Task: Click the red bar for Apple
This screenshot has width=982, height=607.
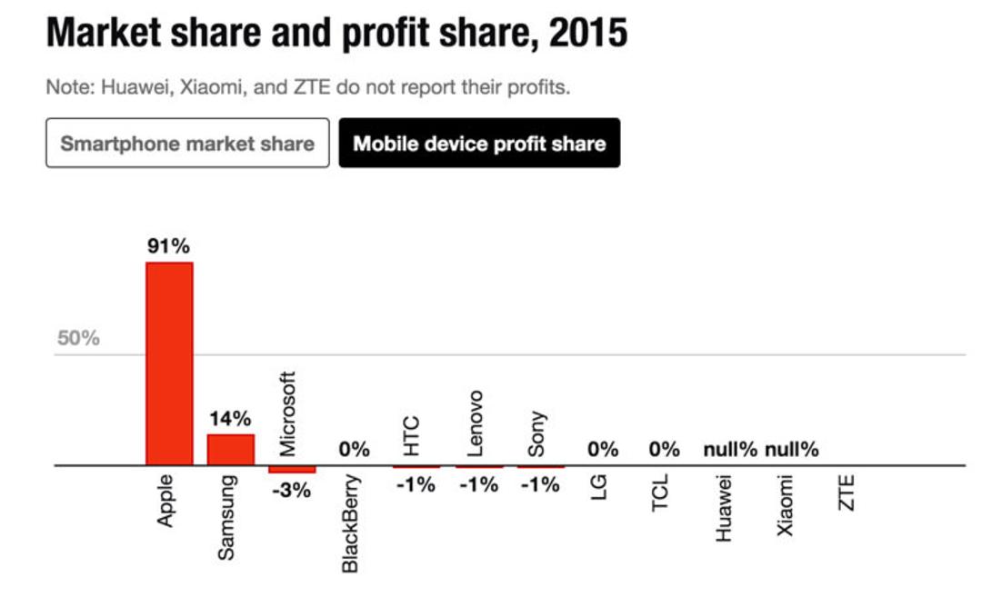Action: tap(169, 363)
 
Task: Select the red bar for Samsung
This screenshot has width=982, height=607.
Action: tap(231, 450)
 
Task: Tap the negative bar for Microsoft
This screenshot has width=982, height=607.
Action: tap(293, 469)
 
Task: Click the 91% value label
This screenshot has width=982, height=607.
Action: tap(168, 246)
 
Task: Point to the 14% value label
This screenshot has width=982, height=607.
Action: tap(230, 419)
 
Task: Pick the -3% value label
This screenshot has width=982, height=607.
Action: tap(291, 490)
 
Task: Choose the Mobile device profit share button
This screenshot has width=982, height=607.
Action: tap(480, 143)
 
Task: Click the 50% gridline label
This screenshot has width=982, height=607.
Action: tap(78, 338)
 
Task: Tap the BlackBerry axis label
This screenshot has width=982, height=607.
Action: tap(350, 523)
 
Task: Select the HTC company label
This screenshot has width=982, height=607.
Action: tap(410, 436)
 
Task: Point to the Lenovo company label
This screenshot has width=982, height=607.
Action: tap(476, 423)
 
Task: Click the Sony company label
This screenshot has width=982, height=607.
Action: tap(536, 434)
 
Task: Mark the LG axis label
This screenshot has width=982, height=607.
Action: tap(598, 487)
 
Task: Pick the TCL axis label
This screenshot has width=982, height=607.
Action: tap(660, 493)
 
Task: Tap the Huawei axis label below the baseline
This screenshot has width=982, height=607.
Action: tap(724, 508)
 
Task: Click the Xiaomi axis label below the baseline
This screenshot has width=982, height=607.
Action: tap(785, 505)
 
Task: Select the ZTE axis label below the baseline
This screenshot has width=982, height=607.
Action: tap(847, 493)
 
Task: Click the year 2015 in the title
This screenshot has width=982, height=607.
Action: tap(588, 33)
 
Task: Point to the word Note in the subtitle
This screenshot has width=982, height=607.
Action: tap(69, 87)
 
